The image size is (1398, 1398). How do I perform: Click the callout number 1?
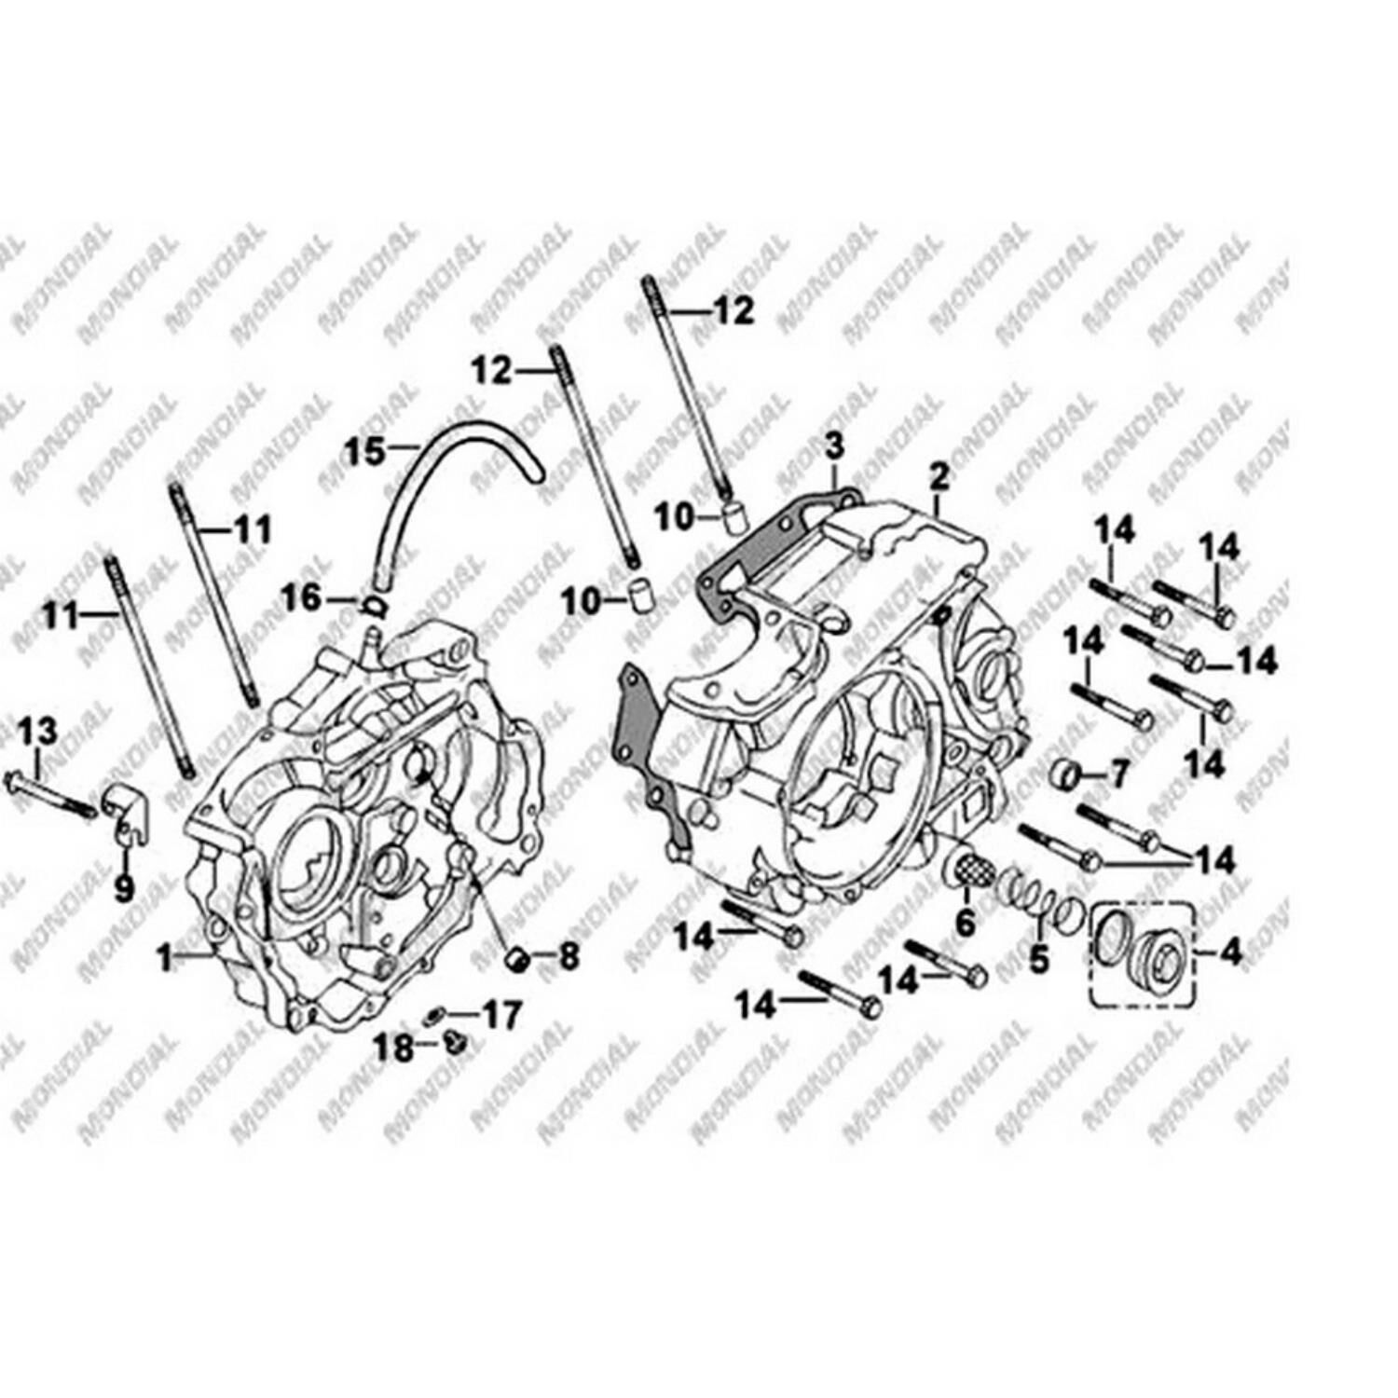click(x=165, y=958)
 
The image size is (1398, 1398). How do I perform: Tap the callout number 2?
click(x=939, y=477)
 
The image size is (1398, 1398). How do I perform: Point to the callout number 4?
click(x=1231, y=953)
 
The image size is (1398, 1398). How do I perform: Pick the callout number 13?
click(x=38, y=732)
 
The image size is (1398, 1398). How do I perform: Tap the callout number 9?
click(x=124, y=888)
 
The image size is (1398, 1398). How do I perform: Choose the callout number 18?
click(x=393, y=1048)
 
